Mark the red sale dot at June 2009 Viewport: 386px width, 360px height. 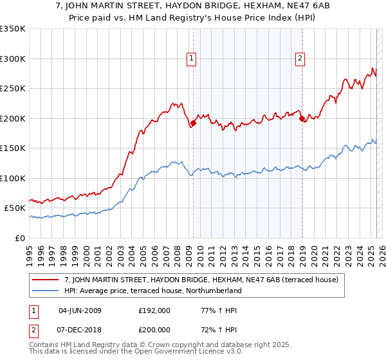(x=193, y=123)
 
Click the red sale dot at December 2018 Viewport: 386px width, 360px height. (x=301, y=118)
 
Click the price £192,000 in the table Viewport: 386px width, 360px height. (x=153, y=310)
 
